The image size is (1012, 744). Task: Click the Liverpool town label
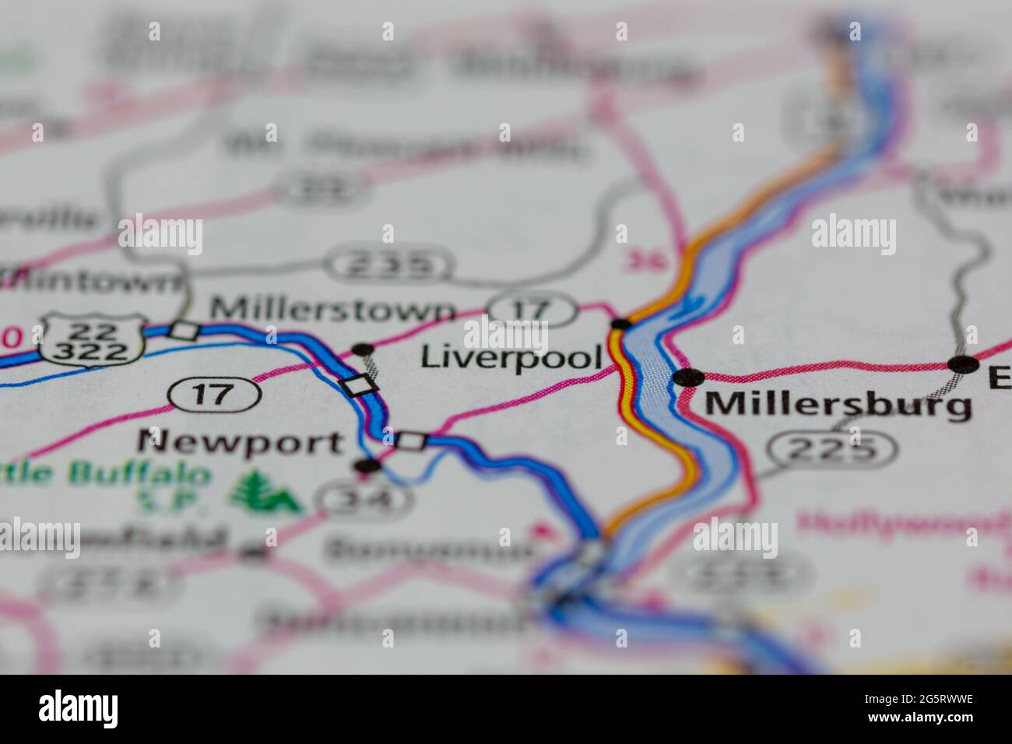511,357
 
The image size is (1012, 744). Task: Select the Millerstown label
333,310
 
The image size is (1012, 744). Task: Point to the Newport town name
240,443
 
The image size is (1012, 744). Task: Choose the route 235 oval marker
388,265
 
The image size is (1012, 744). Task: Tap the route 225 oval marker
831,449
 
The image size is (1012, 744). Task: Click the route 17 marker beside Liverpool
532,309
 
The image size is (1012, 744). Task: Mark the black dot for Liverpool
620,324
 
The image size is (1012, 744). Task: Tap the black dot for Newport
367,466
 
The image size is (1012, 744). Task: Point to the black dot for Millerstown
363,349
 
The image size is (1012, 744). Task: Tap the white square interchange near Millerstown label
184,331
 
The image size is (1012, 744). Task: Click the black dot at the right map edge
964,363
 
